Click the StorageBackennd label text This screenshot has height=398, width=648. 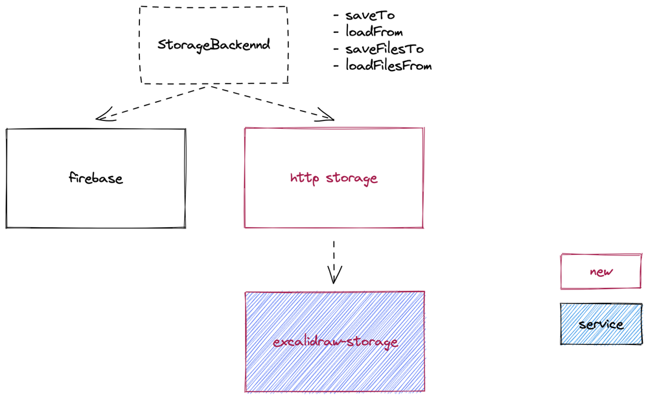(x=214, y=45)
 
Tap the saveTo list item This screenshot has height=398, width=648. (x=370, y=16)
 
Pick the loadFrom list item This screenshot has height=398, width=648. (x=374, y=32)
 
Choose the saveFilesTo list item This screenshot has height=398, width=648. (x=384, y=49)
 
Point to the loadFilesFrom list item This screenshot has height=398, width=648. (x=388, y=65)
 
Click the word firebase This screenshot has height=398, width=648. (x=96, y=178)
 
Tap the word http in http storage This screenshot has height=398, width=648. (x=305, y=178)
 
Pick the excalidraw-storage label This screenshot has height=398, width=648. (x=335, y=342)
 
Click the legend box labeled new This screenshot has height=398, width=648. (x=601, y=272)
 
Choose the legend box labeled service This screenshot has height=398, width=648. (x=601, y=324)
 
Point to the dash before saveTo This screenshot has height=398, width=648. (x=336, y=16)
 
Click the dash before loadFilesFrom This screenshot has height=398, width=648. (x=336, y=66)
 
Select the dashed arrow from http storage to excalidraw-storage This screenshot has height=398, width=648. (x=334, y=256)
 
